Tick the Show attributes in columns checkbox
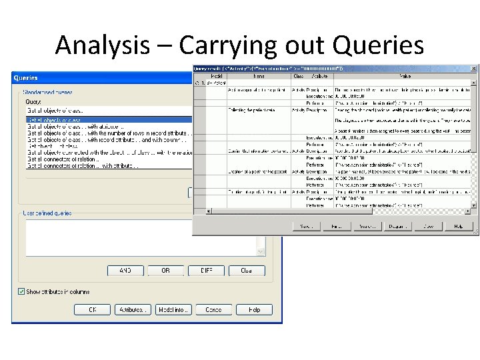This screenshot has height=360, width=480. point(21,291)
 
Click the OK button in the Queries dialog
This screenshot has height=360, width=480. point(92,309)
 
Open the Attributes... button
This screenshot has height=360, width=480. point(132,309)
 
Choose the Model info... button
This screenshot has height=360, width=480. point(173,309)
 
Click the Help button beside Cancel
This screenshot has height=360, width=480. point(254,309)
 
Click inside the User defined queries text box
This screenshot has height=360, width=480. point(140,237)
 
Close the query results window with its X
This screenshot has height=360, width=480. point(474,68)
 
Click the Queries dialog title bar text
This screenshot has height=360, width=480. point(26,78)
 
